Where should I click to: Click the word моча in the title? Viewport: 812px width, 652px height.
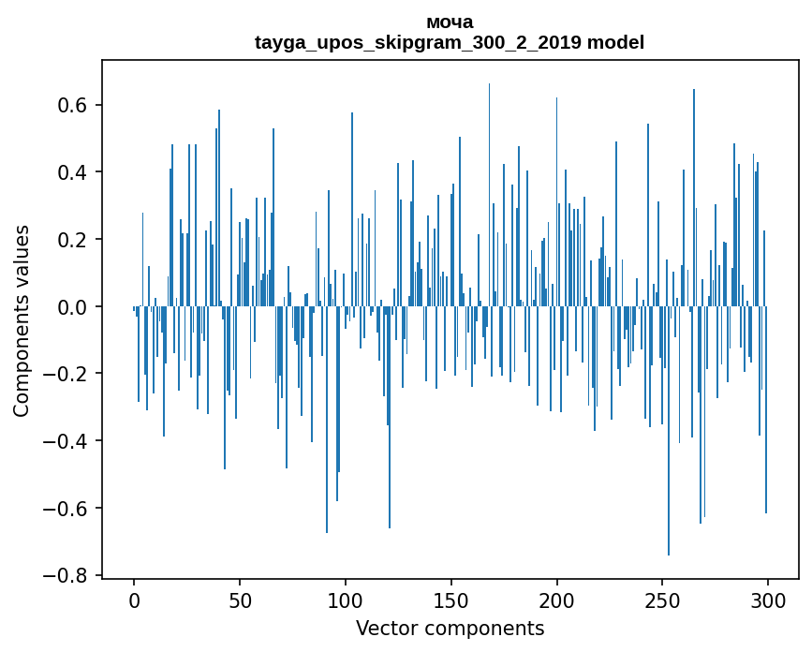coord(450,22)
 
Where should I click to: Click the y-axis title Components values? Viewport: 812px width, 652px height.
coord(22,320)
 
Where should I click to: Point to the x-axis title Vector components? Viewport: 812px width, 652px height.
coord(450,628)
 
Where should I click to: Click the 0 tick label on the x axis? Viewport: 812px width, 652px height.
coord(134,600)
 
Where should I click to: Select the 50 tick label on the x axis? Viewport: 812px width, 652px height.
coord(240,600)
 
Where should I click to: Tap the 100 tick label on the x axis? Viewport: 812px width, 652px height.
coord(346,600)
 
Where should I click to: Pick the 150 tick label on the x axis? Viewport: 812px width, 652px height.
coord(451,600)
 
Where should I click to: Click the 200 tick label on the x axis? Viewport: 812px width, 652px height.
coord(557,600)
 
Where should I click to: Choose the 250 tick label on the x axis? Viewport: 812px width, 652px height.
coord(662,600)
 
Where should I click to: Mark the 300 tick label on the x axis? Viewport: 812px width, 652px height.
coord(768,600)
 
